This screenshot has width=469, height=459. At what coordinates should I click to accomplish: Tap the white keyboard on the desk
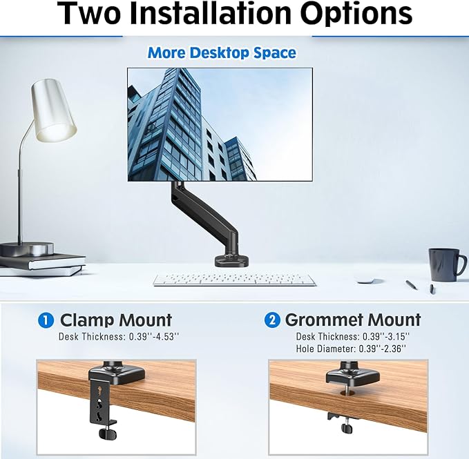[x=234, y=280]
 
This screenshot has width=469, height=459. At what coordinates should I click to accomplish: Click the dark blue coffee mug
[x=445, y=264]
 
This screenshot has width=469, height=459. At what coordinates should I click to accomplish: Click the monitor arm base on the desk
[x=229, y=260]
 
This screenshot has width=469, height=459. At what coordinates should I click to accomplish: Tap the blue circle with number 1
[x=46, y=320]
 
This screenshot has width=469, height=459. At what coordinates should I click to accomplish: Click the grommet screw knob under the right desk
[x=346, y=427]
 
